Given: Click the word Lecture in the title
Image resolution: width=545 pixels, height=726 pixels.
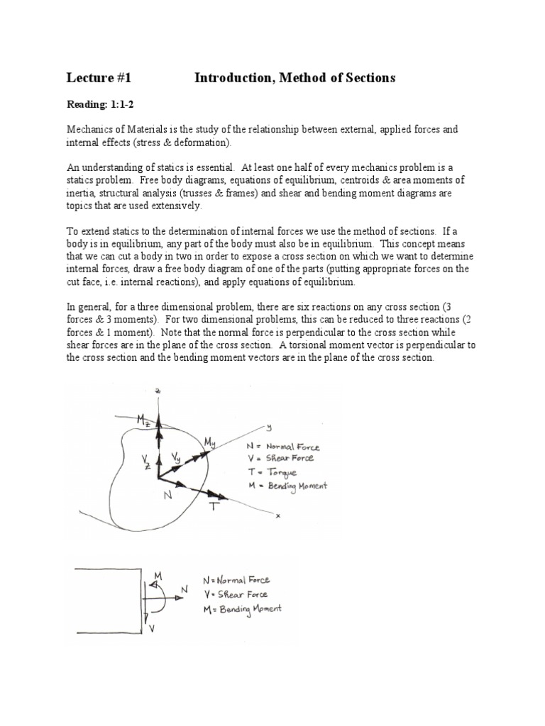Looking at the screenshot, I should coord(91,78).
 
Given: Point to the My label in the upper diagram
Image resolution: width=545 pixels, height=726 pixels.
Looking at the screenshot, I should coord(211,443).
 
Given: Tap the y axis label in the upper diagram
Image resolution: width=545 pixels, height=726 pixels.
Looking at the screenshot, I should coord(270,427).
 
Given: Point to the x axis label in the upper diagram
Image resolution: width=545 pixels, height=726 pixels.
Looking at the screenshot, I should coord(278,516).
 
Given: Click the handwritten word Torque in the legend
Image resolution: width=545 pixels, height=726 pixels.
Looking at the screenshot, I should coord(282,472).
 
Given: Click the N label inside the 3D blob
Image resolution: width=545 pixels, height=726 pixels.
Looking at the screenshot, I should coord(168,496).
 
